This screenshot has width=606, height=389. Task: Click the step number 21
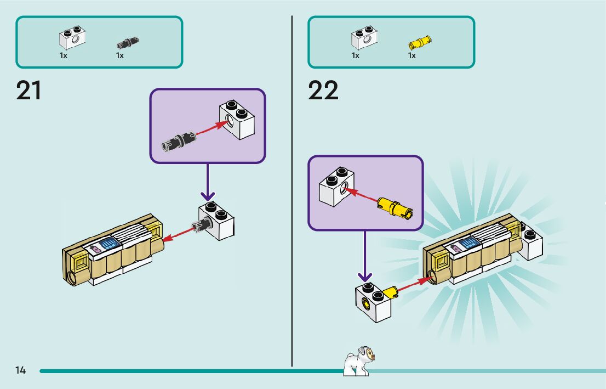[29, 91]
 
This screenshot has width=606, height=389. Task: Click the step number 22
[323, 91]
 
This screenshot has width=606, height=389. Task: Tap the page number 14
[21, 370]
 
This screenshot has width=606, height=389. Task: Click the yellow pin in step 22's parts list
[419, 41]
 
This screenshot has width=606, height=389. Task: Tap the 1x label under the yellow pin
[411, 55]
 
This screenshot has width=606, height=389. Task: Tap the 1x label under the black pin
[119, 55]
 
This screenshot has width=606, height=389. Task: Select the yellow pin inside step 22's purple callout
[394, 206]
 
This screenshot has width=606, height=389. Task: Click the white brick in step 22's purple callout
[336, 187]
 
